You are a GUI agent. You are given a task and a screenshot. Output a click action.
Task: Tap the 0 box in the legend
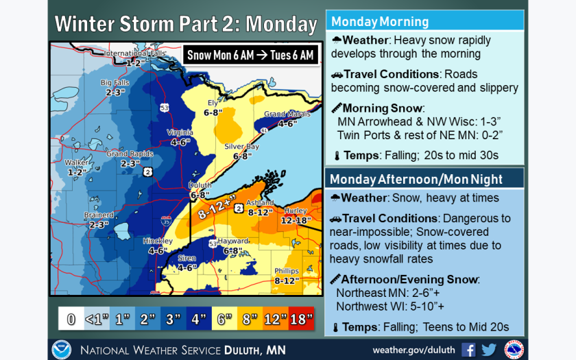pyautogui.click(x=70, y=318)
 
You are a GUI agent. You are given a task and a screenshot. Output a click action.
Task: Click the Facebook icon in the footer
pyautogui.click(x=468, y=349)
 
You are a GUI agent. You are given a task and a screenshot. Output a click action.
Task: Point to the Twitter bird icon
pyautogui.click(x=489, y=349)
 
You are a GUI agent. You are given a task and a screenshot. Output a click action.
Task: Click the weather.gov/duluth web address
pyautogui.click(x=414, y=350)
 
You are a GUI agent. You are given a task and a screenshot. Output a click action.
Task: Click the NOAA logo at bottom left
pyautogui.click(x=60, y=349)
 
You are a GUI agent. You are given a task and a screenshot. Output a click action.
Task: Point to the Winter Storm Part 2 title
pyautogui.click(x=185, y=25)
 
